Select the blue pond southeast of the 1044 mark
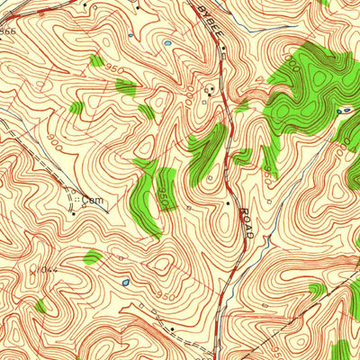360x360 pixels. pyautogui.click(x=123, y=283)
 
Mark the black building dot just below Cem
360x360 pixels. pyautogui.click(x=74, y=214)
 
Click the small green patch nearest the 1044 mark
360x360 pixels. pyautogui.click(x=92, y=258)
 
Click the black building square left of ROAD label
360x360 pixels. pyautogui.click(x=228, y=203)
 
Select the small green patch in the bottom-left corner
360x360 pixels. pyautogui.click(x=40, y=307)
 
